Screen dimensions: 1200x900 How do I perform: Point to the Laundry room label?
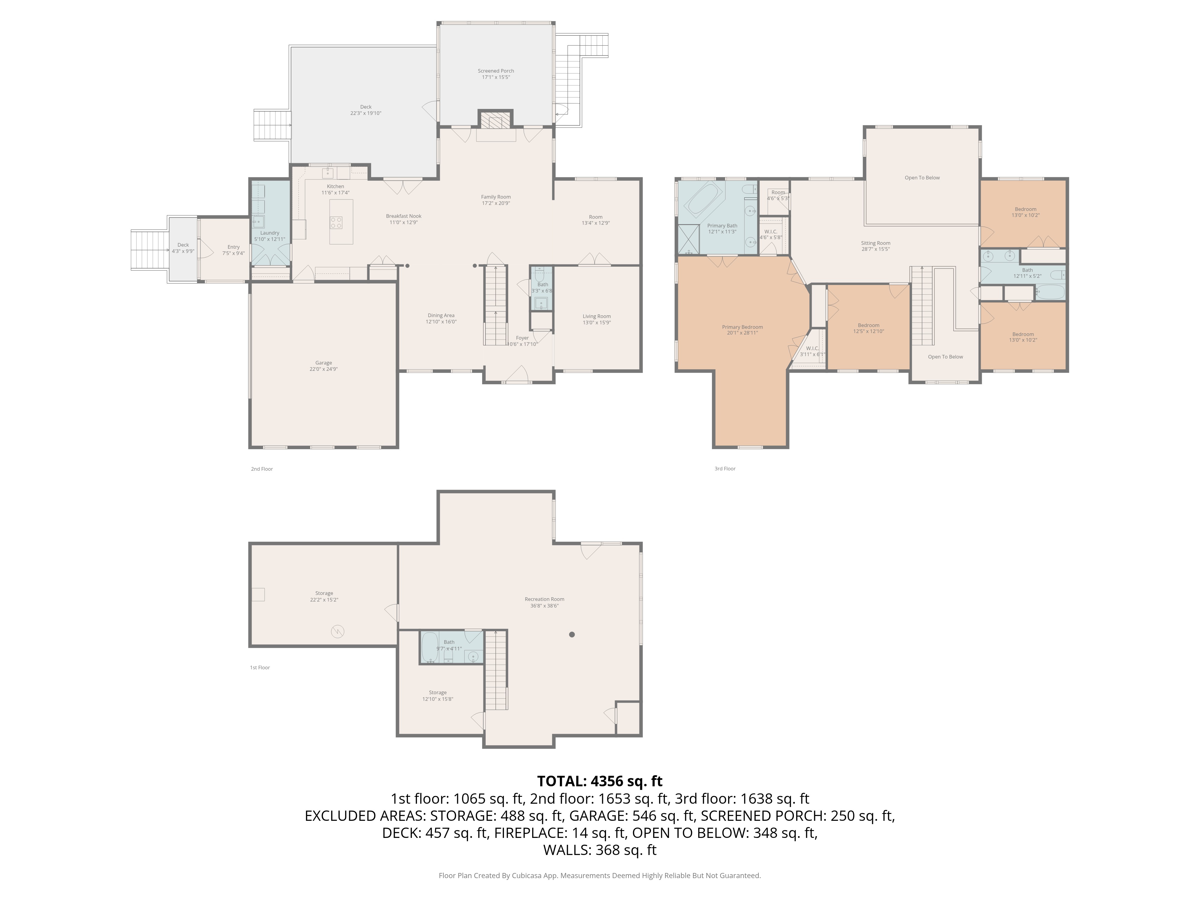point(270,233)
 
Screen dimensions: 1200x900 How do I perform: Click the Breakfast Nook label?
point(403,216)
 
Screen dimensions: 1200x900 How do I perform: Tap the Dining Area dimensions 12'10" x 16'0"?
point(441,322)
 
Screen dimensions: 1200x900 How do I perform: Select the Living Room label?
point(597,316)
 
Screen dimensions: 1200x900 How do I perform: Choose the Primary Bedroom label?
point(742,327)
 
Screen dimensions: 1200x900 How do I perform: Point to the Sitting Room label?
point(876,243)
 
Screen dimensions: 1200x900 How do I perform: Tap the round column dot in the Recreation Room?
point(572,634)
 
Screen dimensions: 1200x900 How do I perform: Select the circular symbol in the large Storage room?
point(337,631)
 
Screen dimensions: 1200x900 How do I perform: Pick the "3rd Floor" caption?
point(725,469)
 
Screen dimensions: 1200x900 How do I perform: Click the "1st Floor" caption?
point(260,668)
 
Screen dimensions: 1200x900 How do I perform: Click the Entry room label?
point(233,247)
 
